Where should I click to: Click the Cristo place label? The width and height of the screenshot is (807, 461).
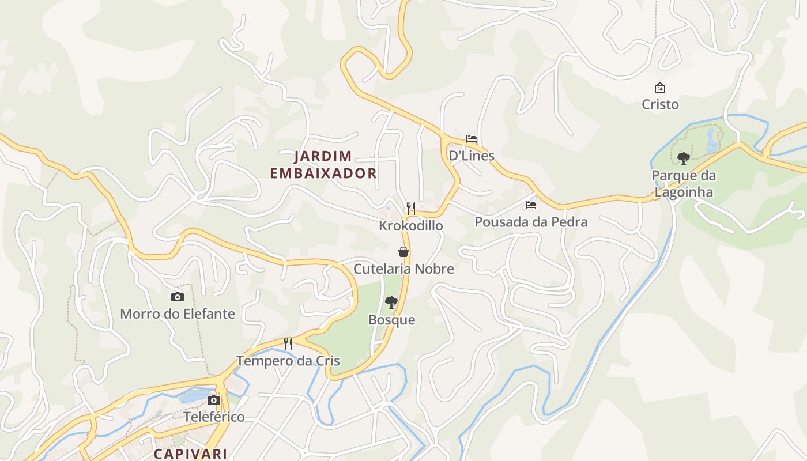point(660,105)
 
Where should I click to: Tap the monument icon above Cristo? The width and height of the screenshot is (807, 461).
point(660,88)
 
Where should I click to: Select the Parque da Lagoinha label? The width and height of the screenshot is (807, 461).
point(683,184)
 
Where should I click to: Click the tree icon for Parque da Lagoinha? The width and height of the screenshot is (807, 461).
point(684,158)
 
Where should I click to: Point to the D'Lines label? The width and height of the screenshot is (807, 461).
point(472,156)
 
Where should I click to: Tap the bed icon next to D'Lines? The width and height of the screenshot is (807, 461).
point(472,139)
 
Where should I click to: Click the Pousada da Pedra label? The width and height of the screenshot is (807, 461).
point(531,222)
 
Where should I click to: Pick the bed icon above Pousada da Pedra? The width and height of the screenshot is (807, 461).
point(531,205)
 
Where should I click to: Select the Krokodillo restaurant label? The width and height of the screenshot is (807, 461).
point(411,225)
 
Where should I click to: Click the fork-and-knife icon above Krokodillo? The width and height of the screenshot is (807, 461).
point(411,208)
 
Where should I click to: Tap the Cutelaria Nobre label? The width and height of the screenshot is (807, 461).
point(403,269)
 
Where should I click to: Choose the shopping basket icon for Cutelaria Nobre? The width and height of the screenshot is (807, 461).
point(403,252)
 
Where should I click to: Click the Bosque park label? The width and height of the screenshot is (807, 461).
point(391,320)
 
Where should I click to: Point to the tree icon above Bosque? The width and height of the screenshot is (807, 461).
point(391,302)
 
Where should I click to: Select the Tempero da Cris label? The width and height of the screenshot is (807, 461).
point(288,361)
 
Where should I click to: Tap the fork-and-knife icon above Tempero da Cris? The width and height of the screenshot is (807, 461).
point(288,344)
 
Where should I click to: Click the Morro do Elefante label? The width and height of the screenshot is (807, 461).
point(178,314)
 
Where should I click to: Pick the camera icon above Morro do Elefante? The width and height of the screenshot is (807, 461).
point(178,297)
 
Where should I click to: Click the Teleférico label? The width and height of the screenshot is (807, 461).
point(214,417)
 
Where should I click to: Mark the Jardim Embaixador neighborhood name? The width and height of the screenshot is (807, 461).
point(323,165)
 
